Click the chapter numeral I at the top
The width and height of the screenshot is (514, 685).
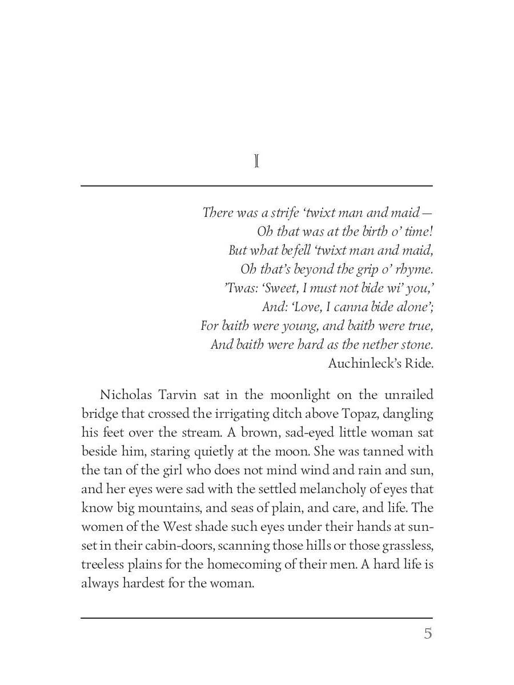coord(256,163)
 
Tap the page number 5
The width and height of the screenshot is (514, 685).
coord(428,634)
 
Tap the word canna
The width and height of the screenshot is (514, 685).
coord(351,307)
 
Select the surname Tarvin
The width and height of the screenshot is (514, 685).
coord(176,394)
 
